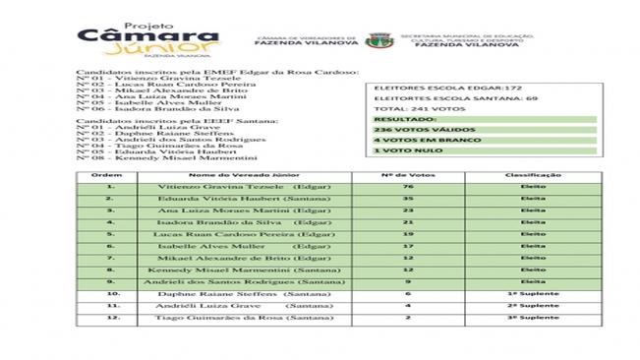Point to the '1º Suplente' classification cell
(x=534, y=293)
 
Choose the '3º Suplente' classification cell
(x=534, y=319)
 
